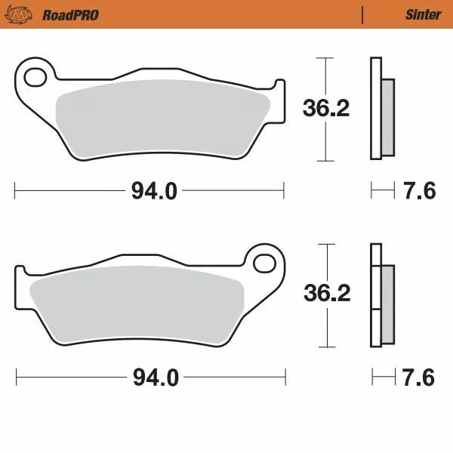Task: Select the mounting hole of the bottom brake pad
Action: click(x=266, y=263)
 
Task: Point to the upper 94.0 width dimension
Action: click(x=154, y=192)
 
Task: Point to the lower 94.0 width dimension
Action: click(x=156, y=377)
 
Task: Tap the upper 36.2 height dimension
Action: click(x=325, y=109)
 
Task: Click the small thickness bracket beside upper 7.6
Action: click(x=382, y=192)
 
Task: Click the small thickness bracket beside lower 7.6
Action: click(x=382, y=377)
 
